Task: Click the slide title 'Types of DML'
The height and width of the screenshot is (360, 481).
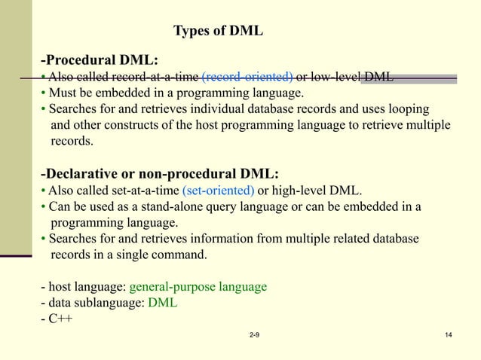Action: click(219, 31)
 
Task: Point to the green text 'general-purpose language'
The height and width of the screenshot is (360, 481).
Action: click(198, 287)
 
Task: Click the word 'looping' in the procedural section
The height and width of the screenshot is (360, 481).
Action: click(406, 109)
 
